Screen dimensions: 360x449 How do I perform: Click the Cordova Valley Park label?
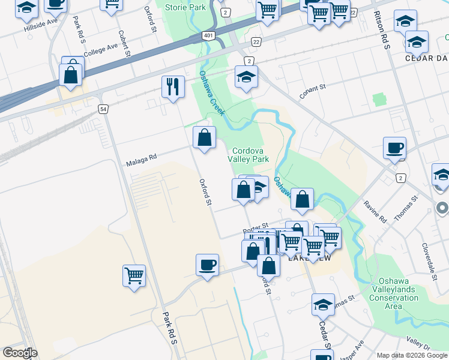tap(248, 155)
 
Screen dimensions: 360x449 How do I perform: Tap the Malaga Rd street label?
tap(141, 158)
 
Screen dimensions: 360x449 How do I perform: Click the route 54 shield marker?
tap(104, 109)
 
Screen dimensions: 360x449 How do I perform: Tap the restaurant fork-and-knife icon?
tap(173, 87)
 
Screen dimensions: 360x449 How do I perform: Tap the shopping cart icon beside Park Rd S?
tap(134, 276)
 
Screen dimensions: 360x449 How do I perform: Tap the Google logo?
tap(20, 353)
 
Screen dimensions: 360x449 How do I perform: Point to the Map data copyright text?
tap(411, 355)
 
